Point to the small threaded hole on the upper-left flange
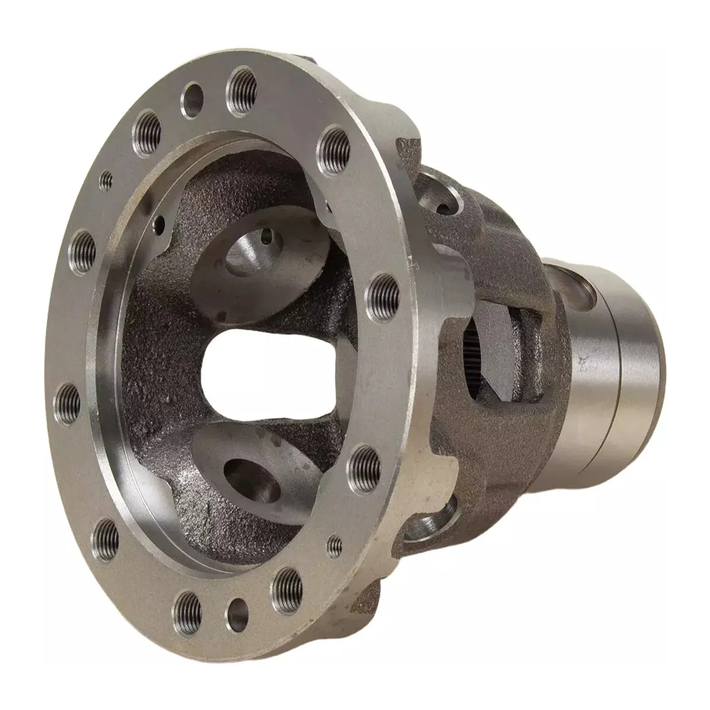[106, 181]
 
